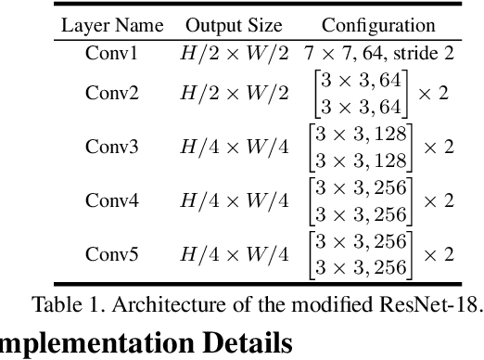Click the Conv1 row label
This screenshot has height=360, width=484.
click(x=111, y=54)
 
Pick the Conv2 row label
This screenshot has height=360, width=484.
click(x=111, y=93)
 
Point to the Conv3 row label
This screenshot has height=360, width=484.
click(x=111, y=147)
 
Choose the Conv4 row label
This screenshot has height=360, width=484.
click(x=111, y=200)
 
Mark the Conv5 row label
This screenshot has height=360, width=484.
click(x=111, y=253)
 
